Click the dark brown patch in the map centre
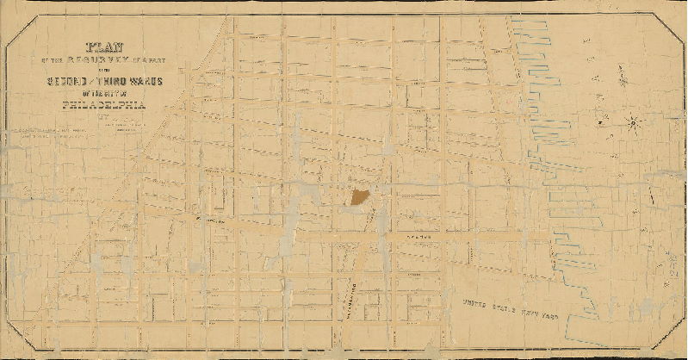pyautogui.click(x=359, y=196)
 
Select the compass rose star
pyautogui.click(x=633, y=121)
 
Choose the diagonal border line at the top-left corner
pyautogui.click(x=24, y=33)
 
